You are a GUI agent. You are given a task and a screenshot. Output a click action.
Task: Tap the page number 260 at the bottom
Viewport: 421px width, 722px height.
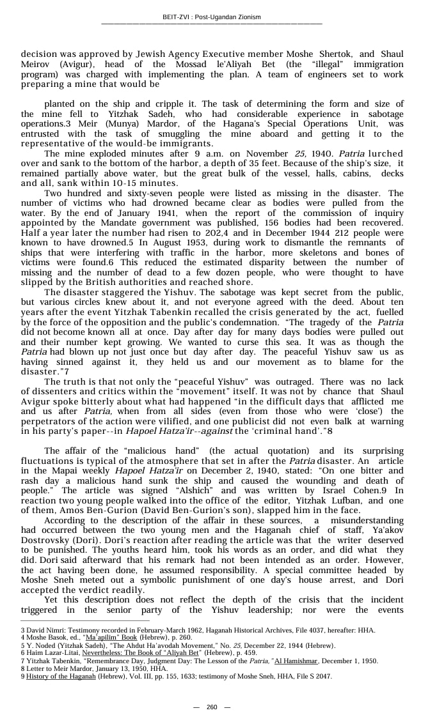pyautogui.click(x=211, y=707)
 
